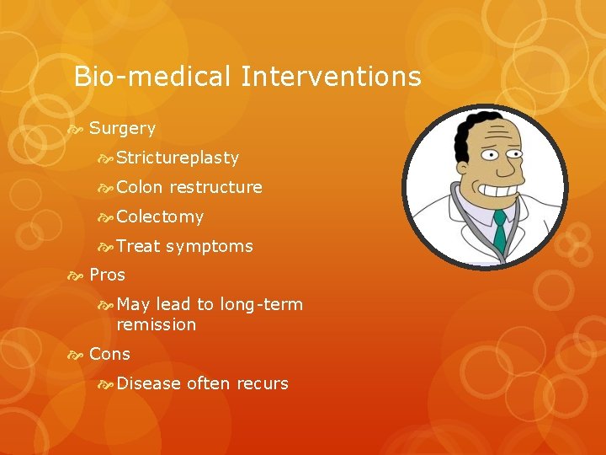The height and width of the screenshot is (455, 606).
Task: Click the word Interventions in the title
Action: [x=331, y=78]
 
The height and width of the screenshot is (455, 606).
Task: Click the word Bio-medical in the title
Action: [x=151, y=78]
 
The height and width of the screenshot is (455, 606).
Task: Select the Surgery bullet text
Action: [x=122, y=128]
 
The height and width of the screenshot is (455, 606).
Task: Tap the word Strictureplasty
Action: [x=178, y=158]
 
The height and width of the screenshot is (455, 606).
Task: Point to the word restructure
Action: [x=215, y=187]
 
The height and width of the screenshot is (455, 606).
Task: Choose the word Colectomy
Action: [x=160, y=217]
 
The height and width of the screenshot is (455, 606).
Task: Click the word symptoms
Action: [x=210, y=246]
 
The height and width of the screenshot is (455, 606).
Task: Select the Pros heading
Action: [x=107, y=275]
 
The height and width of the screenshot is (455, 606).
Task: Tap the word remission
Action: [x=156, y=324]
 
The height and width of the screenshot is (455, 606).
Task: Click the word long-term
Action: [x=261, y=304]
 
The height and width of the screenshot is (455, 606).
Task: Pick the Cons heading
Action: [x=109, y=354]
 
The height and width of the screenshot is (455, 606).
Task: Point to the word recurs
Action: [x=262, y=383]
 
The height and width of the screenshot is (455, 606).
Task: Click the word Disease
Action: [x=149, y=383]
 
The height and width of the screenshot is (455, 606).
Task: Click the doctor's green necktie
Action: [x=500, y=231]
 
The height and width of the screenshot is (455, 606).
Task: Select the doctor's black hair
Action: [x=461, y=139]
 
